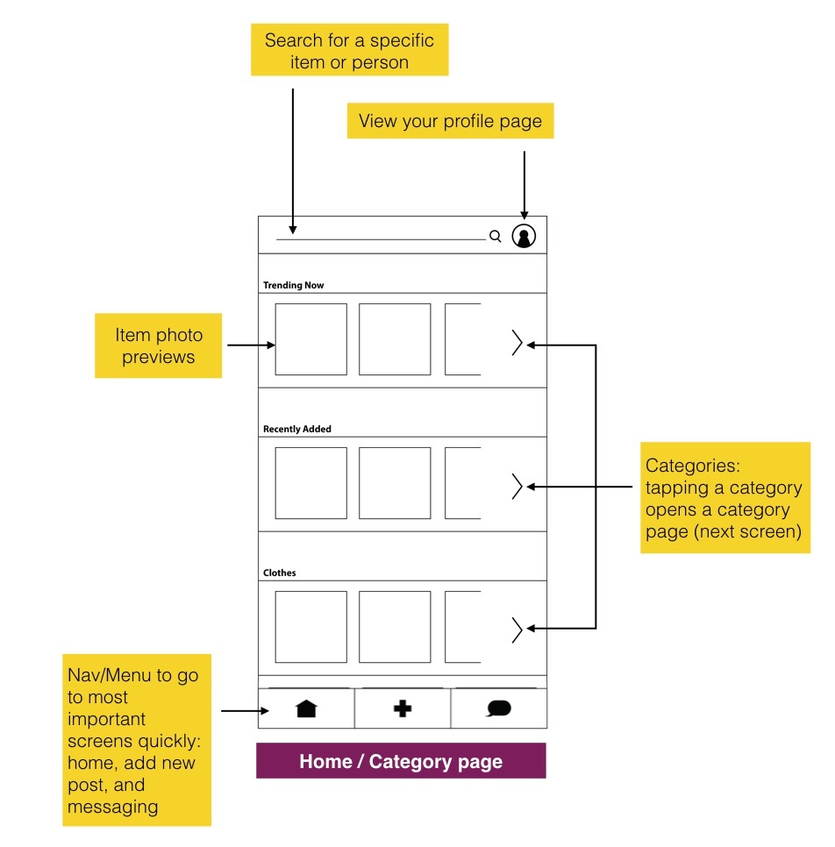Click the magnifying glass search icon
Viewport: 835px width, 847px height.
tap(495, 236)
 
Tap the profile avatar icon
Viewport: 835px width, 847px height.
tap(524, 236)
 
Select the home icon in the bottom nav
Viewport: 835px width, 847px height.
tap(306, 708)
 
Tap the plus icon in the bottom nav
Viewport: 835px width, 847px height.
tap(403, 708)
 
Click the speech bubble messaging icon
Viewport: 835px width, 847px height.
tap(499, 708)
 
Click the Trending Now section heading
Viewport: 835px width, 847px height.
tap(294, 285)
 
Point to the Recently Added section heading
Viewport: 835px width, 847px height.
tap(297, 429)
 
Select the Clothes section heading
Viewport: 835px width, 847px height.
tap(280, 573)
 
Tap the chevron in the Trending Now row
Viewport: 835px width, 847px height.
tap(517, 343)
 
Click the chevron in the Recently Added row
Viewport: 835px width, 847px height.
tap(517, 486)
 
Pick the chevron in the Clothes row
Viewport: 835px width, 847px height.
tap(517, 630)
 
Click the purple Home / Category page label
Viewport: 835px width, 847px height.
tap(401, 760)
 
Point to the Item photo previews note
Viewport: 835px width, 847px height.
tap(159, 345)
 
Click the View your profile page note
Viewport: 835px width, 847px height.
tap(450, 121)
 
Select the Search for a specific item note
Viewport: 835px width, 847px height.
tap(350, 50)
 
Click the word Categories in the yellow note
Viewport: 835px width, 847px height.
tap(692, 466)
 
